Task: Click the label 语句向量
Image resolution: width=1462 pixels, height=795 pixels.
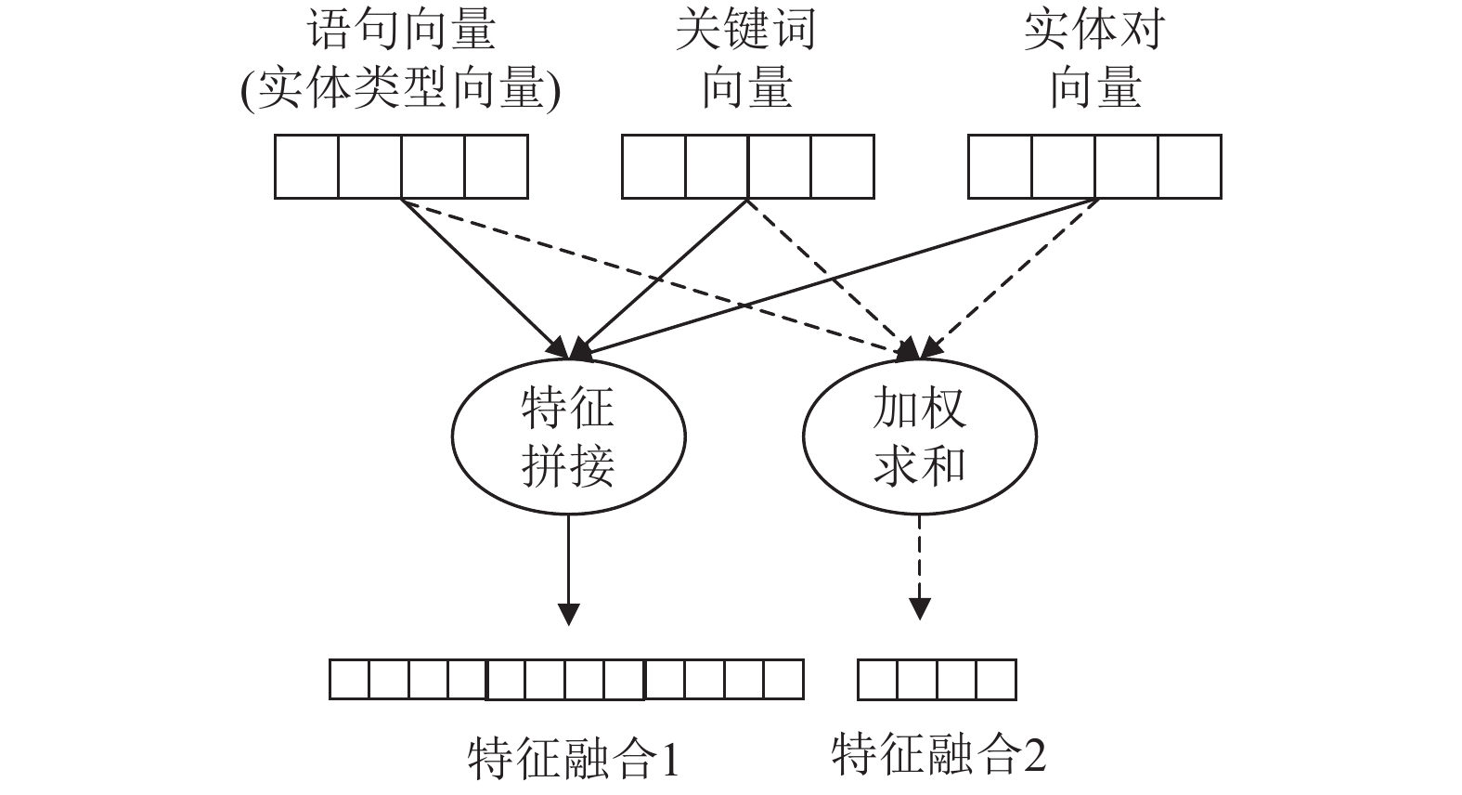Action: [401, 31]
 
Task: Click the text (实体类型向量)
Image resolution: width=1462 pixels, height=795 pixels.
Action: [401, 90]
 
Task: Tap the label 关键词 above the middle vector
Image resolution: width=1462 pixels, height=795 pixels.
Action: [746, 31]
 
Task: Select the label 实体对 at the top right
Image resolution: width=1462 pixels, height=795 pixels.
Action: [1093, 31]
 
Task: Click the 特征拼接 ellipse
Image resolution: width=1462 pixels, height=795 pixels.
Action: [568, 436]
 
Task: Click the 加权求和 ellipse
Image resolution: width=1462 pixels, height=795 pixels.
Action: [919, 436]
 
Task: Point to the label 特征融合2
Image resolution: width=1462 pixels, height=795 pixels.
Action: [938, 754]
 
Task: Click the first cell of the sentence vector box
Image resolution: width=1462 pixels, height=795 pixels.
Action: [307, 166]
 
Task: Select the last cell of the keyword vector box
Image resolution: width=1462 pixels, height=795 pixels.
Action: [842, 166]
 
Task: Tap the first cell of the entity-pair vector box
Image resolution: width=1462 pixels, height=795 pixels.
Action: [1000, 166]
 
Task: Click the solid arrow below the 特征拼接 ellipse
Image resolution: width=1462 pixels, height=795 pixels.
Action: [568, 567]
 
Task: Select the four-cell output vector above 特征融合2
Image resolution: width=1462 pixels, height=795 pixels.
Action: [937, 680]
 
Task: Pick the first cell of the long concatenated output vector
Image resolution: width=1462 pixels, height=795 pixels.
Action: [350, 680]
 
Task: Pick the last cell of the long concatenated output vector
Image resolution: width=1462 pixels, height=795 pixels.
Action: [783, 680]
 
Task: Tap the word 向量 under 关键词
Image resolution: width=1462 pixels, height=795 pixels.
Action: [746, 90]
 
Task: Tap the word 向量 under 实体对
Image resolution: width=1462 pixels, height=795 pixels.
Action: [1093, 90]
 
